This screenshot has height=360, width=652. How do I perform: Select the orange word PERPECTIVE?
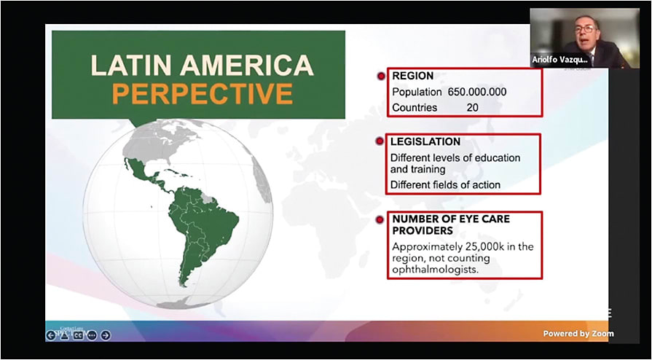tap(203, 93)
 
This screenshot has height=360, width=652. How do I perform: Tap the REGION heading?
tap(413, 76)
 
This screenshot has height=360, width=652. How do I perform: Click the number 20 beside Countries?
tap(473, 107)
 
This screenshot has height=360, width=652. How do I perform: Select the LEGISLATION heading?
tap(425, 141)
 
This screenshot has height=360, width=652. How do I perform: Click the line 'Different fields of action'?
tap(445, 184)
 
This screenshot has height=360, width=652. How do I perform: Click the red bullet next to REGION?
tap(380, 76)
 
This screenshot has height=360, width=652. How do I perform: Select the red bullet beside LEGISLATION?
tap(380, 141)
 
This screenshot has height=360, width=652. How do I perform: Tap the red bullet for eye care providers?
tap(380, 219)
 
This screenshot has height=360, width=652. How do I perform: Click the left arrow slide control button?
tap(50, 335)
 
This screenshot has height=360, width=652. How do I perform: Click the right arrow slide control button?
tap(106, 335)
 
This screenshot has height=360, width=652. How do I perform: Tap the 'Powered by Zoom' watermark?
tap(578, 334)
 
